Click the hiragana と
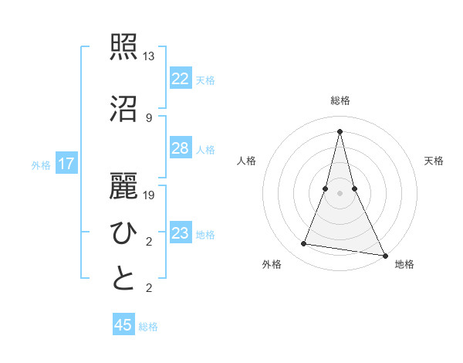124,279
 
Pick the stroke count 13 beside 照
149,56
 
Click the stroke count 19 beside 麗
149,195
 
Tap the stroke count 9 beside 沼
148,118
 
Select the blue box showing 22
180,79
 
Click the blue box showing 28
180,148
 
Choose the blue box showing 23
180,233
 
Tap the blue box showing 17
66,164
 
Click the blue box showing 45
123,325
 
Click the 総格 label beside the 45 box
148,327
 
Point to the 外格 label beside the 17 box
41,165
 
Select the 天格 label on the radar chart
434,161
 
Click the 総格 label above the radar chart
340,100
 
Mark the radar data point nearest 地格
384,255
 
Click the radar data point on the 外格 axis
304,244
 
